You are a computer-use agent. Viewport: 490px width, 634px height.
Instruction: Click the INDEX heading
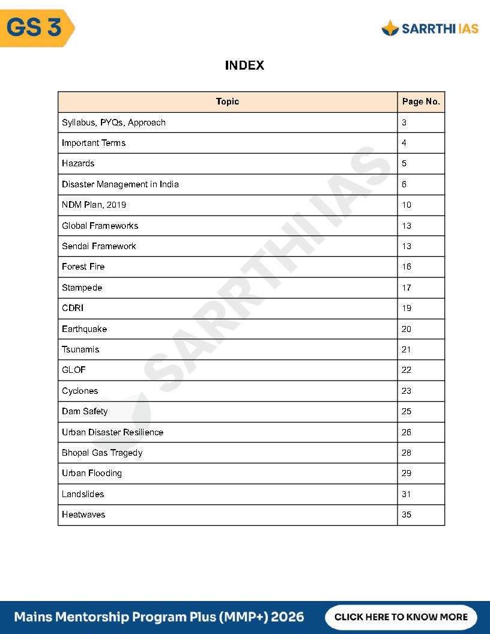244,65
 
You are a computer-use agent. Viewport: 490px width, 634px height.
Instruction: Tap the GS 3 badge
35,28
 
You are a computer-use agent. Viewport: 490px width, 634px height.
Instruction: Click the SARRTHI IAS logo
430,28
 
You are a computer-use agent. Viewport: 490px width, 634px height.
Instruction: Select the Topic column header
228,101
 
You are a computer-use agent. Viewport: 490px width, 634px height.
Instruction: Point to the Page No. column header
421,101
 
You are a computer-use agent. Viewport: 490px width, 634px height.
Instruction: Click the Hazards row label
78,163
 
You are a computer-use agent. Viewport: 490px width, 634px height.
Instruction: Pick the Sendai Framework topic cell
99,246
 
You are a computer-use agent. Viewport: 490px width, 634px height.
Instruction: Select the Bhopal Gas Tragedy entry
102,453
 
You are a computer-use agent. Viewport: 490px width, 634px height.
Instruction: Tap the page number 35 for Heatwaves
407,515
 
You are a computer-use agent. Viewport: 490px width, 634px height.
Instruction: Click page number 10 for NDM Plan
407,205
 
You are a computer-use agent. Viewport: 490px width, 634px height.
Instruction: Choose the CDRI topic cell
73,308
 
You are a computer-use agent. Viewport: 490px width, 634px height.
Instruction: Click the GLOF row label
74,370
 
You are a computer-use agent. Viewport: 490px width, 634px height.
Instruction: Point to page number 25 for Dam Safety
407,411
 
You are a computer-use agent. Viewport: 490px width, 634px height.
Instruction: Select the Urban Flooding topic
92,473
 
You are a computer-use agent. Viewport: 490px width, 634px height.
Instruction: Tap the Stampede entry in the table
82,288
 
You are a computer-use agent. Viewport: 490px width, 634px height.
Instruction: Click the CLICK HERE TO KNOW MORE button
401,617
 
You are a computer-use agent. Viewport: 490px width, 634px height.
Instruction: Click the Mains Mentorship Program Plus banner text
159,617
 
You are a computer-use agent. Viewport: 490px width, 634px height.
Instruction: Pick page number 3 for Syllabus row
404,122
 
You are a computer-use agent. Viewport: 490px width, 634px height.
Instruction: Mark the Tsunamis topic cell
80,349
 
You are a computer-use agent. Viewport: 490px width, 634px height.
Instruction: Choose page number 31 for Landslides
407,494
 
